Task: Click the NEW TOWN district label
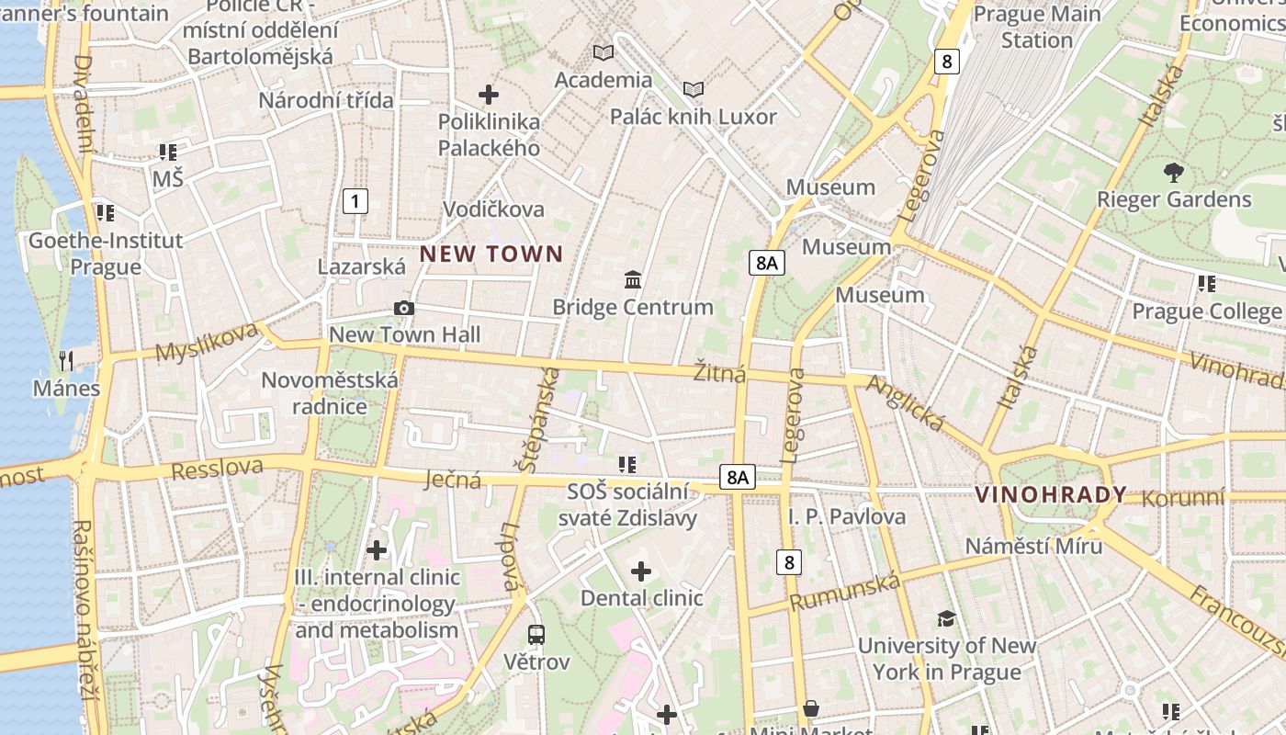491,254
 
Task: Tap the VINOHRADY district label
1051,495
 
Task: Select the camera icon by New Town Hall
403,308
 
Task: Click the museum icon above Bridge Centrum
633,279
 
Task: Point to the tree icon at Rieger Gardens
1173,172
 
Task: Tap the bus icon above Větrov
536,634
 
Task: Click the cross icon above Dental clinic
641,571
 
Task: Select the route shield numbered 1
355,201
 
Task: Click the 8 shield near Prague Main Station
947,62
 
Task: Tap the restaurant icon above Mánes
65,360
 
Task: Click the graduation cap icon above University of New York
946,618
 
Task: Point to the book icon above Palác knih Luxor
694,89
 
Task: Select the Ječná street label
454,479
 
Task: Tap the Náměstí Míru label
1033,546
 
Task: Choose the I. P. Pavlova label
847,516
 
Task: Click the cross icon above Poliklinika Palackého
489,94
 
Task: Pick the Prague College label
1206,311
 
